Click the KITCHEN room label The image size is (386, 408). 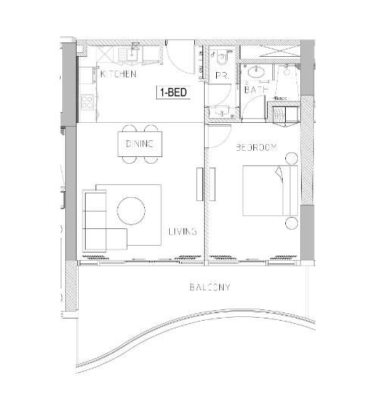coord(118,74)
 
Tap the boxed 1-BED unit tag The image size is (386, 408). coord(172,93)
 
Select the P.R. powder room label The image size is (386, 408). coord(221,77)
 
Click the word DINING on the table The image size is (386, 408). coord(140,143)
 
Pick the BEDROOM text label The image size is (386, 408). coord(256,147)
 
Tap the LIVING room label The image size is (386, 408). coord(183,231)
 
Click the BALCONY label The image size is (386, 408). coord(210,287)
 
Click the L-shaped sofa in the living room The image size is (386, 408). coord(96,223)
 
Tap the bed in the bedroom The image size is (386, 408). coord(265,190)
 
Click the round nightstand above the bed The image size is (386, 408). coord(291,158)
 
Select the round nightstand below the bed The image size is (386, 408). coord(291,222)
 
